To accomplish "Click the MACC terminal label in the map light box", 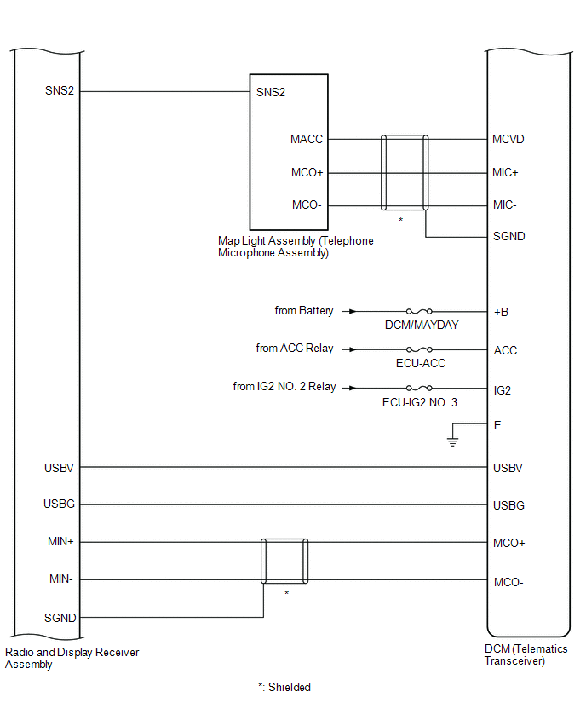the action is pos(307,140).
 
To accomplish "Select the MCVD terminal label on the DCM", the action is pos(508,140).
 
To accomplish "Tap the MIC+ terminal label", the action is pos(505,173).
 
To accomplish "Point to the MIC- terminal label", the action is pos(504,205).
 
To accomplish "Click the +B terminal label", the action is pos(501,312).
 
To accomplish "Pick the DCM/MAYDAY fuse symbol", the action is pos(419,311).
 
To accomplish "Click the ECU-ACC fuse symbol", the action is pos(419,349).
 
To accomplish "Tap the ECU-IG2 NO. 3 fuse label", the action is pos(419,402).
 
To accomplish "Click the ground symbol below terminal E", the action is pos(452,441).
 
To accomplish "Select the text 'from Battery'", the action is pos(303,311).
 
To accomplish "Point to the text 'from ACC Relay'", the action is pos(295,349).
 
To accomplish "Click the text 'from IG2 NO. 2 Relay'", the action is pos(284,387).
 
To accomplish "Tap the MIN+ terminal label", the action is pos(60,541).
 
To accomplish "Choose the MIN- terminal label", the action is pos(61,579).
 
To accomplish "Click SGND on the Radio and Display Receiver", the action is pos(60,618).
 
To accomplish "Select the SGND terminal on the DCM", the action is pos(509,237).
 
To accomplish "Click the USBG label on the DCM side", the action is pos(508,505).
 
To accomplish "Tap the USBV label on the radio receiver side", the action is pos(59,468).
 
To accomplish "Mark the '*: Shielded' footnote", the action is pos(284,687).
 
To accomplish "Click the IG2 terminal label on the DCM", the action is pos(503,391).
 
